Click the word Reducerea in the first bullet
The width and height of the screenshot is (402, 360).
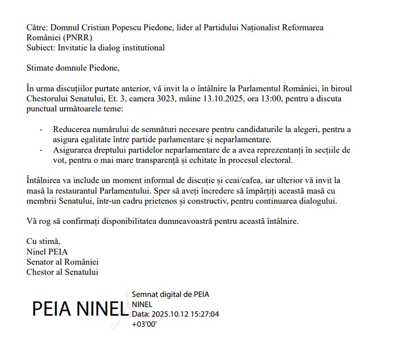coord(73,130)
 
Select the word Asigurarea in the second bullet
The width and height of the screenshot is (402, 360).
coord(74,150)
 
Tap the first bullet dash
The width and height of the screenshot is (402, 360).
coord(41,130)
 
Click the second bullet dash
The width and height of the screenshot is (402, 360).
coord(41,150)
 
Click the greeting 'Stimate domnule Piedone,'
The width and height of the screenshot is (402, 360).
coord(73,68)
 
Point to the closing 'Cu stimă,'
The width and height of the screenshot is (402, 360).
coord(43,241)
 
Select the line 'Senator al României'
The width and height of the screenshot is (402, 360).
coord(63,262)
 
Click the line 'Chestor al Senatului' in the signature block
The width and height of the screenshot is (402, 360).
coord(62,272)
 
